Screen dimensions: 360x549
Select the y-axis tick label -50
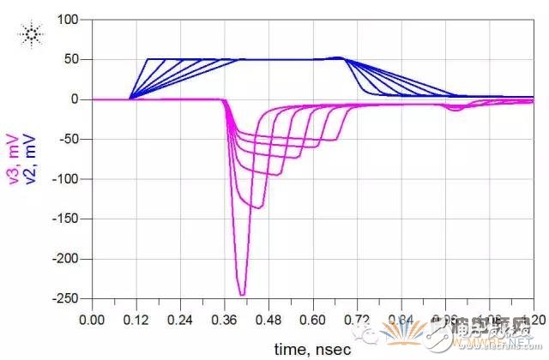pos(68,139)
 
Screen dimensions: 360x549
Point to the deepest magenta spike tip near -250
pos(242,295)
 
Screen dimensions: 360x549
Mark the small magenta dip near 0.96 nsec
pos(455,109)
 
